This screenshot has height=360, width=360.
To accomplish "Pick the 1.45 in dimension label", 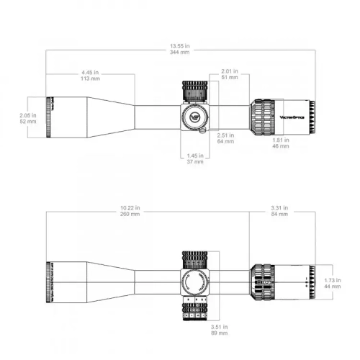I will click(195, 156).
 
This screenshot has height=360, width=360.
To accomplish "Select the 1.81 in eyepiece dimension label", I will click(279, 140).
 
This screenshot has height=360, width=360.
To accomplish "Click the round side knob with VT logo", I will click(194, 115).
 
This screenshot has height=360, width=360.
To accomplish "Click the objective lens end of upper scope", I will click(50, 115).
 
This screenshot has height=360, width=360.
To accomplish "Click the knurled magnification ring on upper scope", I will click(261, 115).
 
